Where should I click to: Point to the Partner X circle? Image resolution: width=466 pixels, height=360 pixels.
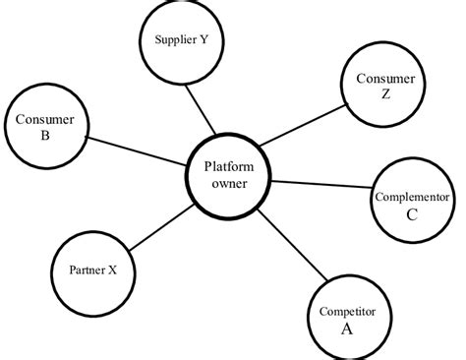91,269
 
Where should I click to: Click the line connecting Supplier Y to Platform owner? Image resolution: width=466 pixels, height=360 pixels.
203,110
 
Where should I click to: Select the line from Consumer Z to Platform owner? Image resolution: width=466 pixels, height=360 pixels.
305,128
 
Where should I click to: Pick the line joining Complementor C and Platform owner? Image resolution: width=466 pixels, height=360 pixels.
322,187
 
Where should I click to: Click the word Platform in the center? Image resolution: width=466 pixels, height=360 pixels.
229,166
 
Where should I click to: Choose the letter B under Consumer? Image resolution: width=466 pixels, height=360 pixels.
46,138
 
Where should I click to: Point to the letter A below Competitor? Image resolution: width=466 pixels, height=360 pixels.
346,329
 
